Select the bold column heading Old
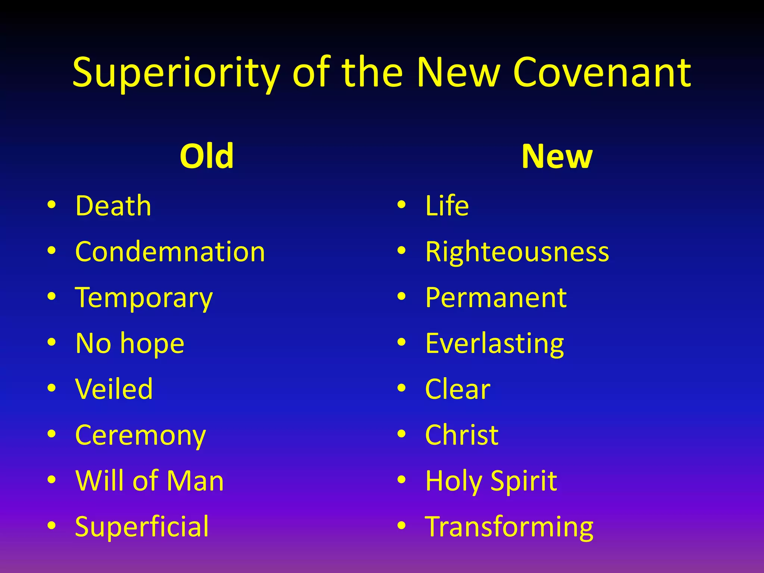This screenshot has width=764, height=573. click(206, 156)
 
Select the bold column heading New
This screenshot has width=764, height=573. click(557, 156)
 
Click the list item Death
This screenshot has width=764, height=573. click(113, 206)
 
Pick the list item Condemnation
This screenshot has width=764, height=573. click(170, 252)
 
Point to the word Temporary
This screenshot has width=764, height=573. click(144, 298)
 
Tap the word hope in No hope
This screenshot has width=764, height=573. click(152, 344)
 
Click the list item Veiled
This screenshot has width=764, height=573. click(114, 389)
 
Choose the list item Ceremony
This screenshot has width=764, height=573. click(140, 435)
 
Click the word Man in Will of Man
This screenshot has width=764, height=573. click(195, 481)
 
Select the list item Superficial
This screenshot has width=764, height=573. click(142, 526)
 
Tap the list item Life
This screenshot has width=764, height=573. click(447, 206)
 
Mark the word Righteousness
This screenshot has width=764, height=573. click(517, 252)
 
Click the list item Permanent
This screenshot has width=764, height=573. click(496, 298)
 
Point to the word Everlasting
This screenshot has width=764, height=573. click(494, 344)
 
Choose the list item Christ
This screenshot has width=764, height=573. click(461, 435)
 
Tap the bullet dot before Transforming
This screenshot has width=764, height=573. click(401, 525)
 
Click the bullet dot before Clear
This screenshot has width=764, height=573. click(401, 388)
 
